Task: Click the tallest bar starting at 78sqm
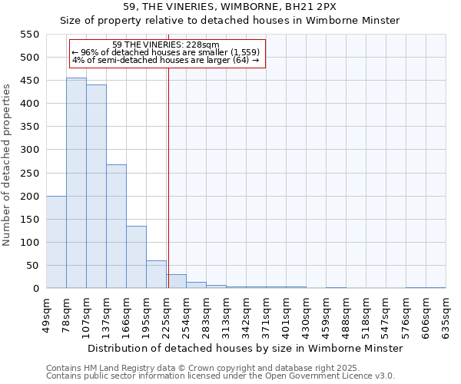pyautogui.click(x=76, y=184)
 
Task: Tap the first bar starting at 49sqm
pyautogui.click(x=56, y=242)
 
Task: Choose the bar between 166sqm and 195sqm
pyautogui.click(x=136, y=257)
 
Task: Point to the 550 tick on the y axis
pyautogui.click(x=29, y=35)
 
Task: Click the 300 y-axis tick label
pyautogui.click(x=29, y=150)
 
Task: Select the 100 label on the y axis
pyautogui.click(x=29, y=243)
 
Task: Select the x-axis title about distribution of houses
pyautogui.click(x=245, y=349)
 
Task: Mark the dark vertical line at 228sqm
pyautogui.click(x=168, y=177)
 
